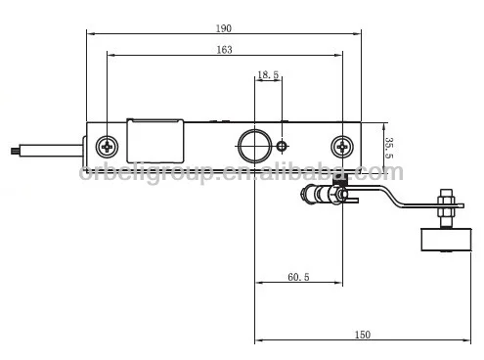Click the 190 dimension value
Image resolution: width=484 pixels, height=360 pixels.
pyautogui.click(x=224, y=28)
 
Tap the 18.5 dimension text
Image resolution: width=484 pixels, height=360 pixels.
pyautogui.click(x=268, y=74)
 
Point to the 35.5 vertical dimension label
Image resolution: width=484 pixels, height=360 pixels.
pyautogui.click(x=388, y=147)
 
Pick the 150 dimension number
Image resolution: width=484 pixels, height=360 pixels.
pyautogui.click(x=361, y=335)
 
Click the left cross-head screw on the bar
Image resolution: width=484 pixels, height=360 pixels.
pyautogui.click(x=106, y=147)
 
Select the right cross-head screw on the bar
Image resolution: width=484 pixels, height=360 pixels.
pyautogui.click(x=342, y=147)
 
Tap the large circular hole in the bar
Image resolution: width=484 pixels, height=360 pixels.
pyautogui.click(x=256, y=143)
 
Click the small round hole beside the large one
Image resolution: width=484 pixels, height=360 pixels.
pyautogui.click(x=282, y=147)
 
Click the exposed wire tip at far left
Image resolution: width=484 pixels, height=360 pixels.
pyautogui.click(x=11, y=151)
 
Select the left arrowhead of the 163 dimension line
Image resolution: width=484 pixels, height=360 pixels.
pyautogui.click(x=110, y=55)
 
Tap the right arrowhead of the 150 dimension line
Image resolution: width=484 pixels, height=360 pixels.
pyautogui.click(x=462, y=341)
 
